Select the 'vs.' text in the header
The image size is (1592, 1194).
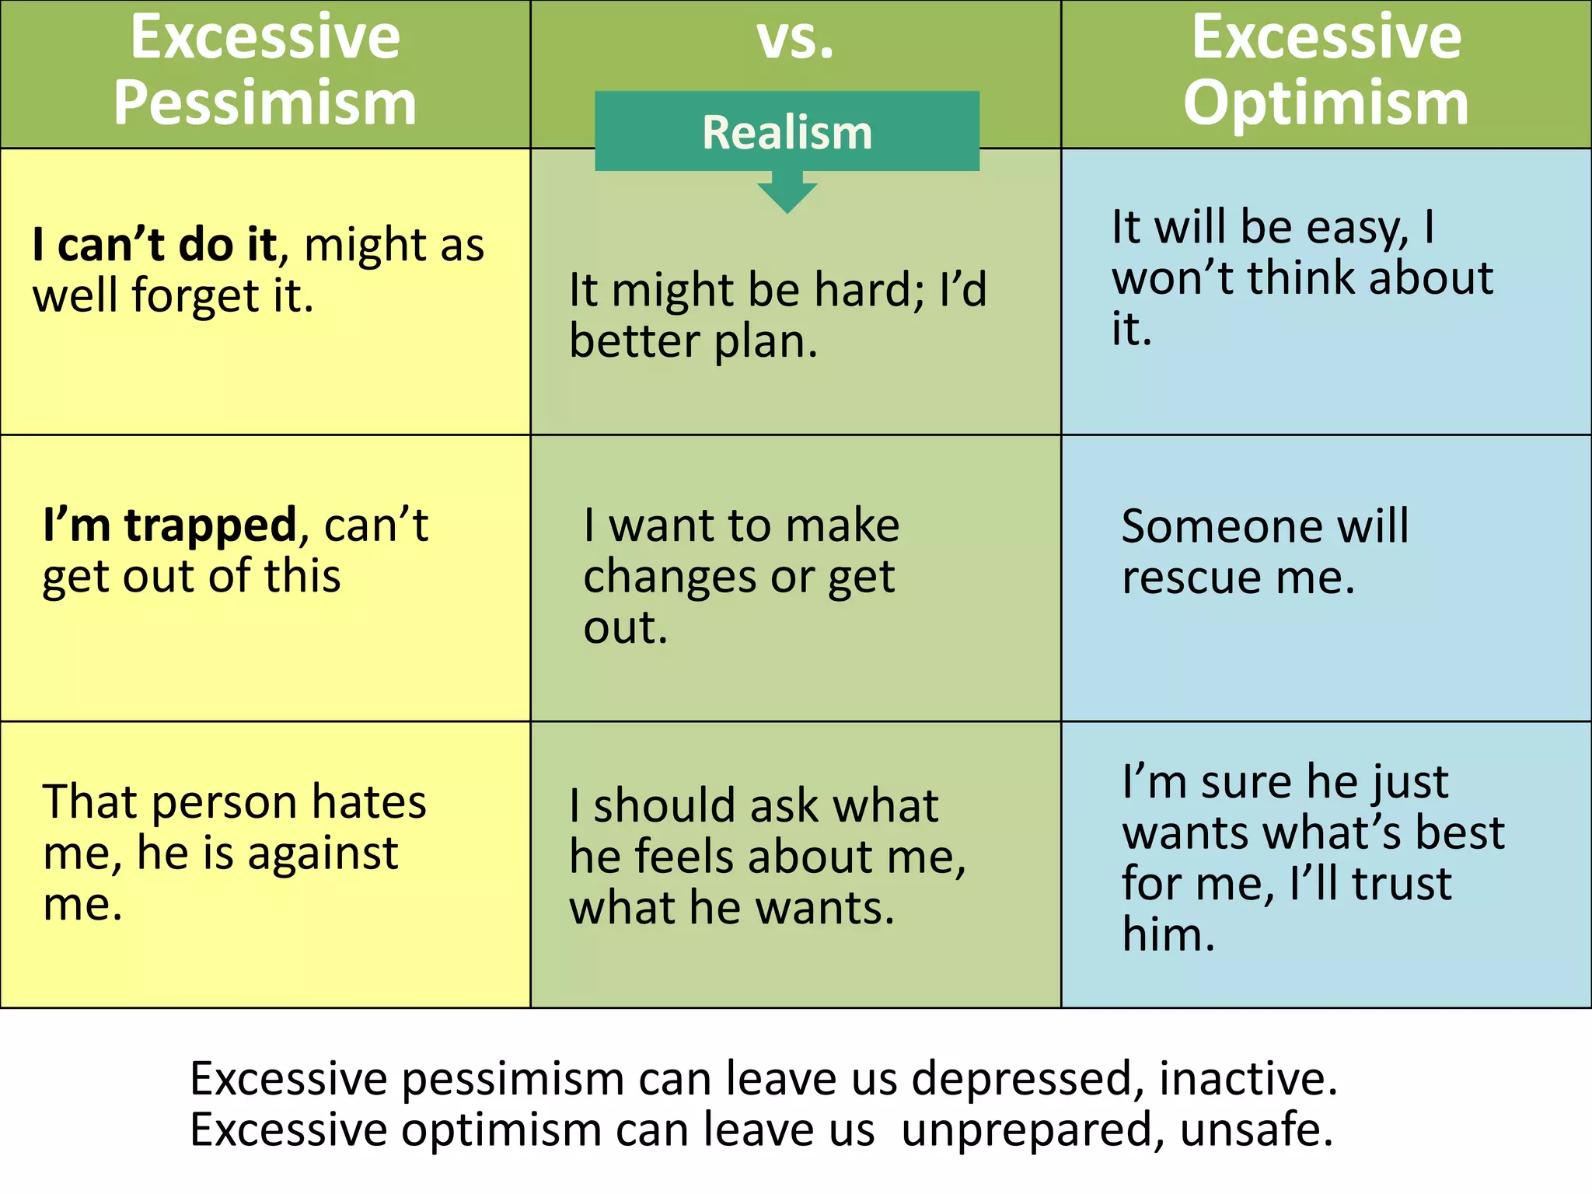tap(795, 39)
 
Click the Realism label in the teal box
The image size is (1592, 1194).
tap(787, 132)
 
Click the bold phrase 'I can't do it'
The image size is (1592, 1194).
tap(154, 246)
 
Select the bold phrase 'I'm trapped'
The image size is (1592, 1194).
tap(169, 525)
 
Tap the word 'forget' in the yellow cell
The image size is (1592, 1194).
tap(195, 297)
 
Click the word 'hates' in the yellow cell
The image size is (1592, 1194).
tap(369, 802)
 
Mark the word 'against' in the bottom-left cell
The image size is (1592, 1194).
tap(322, 854)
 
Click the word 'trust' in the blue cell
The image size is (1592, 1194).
tap(1401, 884)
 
